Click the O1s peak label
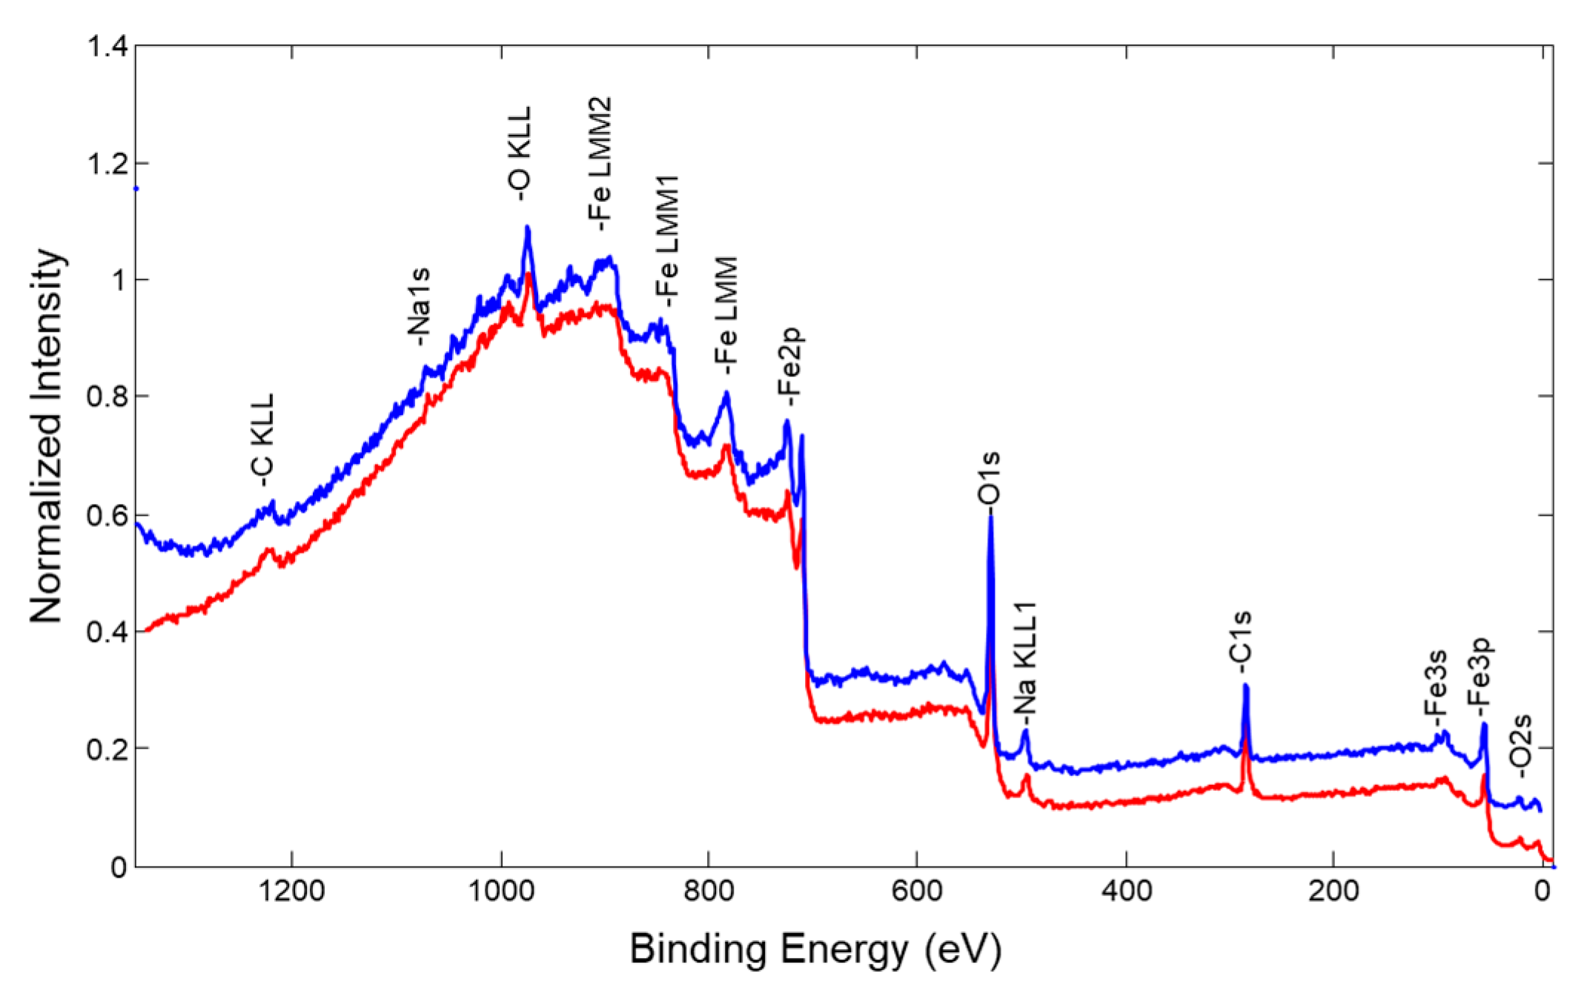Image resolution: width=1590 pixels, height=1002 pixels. coord(990,479)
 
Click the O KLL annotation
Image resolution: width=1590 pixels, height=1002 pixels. coord(520,153)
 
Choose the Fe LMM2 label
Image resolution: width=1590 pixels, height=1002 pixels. coord(600,163)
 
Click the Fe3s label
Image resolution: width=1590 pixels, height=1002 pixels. coord(1436,683)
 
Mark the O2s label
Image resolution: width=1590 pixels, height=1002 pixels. coord(1521,746)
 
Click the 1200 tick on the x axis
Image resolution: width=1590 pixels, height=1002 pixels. coord(292,889)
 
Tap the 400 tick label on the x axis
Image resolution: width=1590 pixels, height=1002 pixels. coord(1126,889)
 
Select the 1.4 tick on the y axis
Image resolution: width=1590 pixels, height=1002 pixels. coord(108,47)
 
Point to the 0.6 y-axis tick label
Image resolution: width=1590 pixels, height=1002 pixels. coord(108,515)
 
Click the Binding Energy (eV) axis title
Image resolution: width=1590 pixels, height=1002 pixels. coord(815,949)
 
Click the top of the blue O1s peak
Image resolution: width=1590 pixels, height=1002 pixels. coord(990,517)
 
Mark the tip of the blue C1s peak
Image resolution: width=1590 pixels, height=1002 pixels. coord(1245,686)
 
